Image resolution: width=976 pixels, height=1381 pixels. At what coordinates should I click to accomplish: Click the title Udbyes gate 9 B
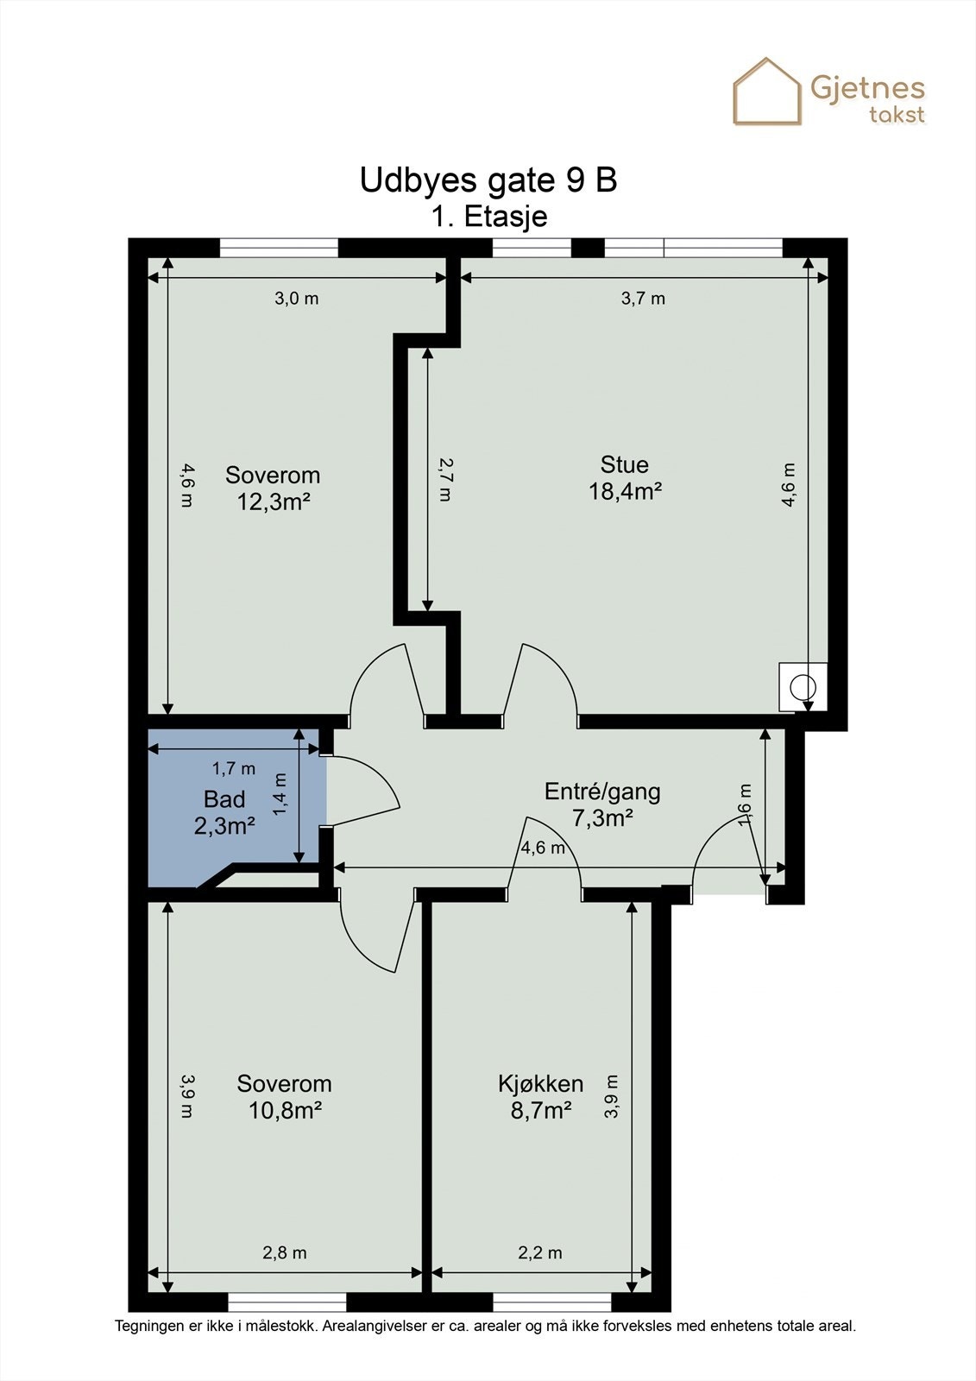tap(488, 180)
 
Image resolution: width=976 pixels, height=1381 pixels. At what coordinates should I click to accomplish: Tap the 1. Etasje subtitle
tap(489, 216)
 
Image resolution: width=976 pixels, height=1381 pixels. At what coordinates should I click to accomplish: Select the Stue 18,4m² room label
tap(625, 478)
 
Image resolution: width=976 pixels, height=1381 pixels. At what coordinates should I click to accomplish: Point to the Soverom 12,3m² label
tap(273, 488)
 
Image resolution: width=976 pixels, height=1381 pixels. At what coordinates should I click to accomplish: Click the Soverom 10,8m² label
tap(285, 1096)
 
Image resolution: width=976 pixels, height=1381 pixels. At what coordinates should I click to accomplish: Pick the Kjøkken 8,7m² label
tap(541, 1096)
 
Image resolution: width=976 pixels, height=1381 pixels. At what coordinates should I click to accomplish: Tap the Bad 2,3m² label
tap(224, 812)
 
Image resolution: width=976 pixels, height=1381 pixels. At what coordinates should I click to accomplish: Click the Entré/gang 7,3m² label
tap(602, 804)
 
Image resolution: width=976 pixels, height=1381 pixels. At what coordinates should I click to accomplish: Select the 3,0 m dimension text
tap(296, 299)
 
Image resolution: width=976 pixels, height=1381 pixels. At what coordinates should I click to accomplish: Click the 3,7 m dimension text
tap(643, 299)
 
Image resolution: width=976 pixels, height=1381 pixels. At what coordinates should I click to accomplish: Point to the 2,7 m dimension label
tap(444, 479)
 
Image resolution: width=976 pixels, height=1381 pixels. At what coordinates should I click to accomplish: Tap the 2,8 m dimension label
tap(284, 1252)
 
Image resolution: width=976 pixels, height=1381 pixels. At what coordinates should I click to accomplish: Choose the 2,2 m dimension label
tap(540, 1252)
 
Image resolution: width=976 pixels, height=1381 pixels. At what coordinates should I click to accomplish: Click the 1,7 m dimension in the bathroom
tap(234, 767)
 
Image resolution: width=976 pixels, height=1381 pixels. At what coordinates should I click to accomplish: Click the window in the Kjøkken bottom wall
tap(551, 1302)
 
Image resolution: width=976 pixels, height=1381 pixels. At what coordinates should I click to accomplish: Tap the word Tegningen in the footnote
tap(148, 1326)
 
